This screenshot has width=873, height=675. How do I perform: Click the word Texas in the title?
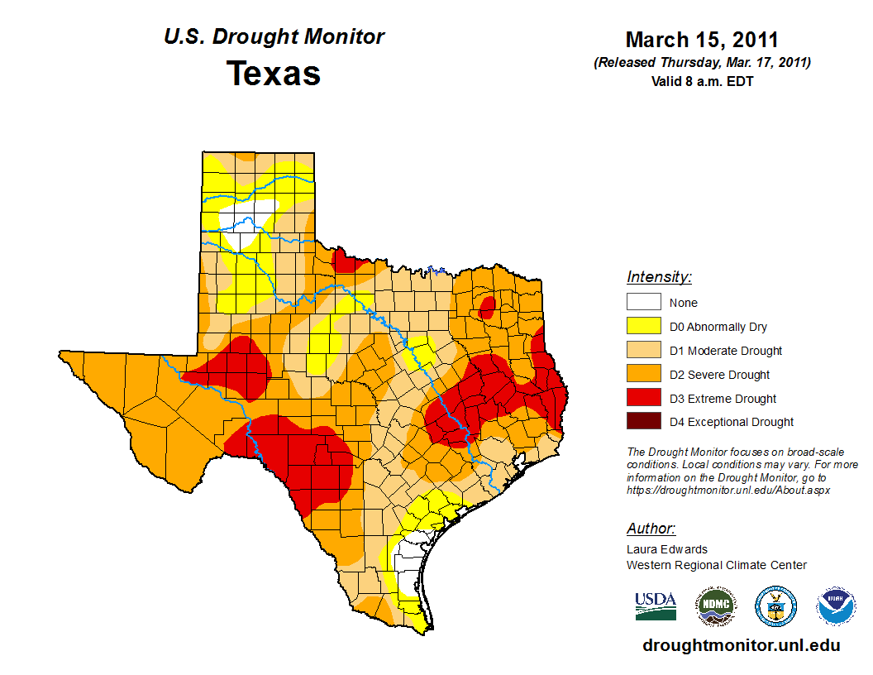point(274,74)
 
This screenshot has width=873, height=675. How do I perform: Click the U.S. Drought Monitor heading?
point(274,37)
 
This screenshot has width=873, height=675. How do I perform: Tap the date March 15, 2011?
point(702,40)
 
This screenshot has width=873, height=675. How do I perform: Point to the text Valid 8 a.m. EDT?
point(702,81)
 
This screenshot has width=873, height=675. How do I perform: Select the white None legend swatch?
point(643,303)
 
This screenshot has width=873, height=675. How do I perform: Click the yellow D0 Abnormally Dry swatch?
point(643,327)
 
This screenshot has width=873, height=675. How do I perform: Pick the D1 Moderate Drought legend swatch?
point(643,351)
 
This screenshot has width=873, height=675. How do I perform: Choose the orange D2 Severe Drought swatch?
point(643,375)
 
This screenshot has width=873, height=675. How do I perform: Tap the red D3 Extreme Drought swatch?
point(643,398)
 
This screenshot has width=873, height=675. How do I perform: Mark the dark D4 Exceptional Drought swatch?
point(643,422)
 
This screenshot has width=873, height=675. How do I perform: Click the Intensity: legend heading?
point(659,277)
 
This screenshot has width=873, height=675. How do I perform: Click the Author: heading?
point(651,529)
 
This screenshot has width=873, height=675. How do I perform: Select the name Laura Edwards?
point(667,549)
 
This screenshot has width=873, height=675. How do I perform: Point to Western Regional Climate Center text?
point(716,565)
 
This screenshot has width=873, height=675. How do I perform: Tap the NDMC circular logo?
point(715,607)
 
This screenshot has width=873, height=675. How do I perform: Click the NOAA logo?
point(836,607)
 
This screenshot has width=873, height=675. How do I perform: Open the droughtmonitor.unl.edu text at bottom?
point(742,645)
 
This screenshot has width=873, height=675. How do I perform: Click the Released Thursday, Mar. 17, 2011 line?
point(702,63)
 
